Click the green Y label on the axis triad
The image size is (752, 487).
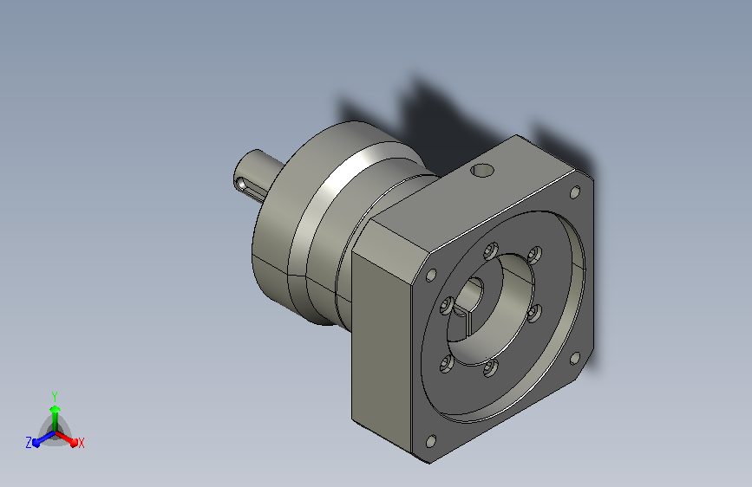point(55,397)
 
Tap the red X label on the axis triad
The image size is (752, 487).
point(81,443)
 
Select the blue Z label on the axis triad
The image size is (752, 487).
point(29,443)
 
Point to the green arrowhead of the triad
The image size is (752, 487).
point(56,409)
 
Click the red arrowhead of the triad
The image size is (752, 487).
point(73,441)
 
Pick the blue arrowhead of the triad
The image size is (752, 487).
point(36,443)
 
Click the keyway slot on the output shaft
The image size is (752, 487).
point(247,188)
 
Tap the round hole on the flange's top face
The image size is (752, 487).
point(482,170)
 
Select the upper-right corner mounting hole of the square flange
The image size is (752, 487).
point(574,192)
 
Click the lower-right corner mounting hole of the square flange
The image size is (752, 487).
point(575,358)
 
